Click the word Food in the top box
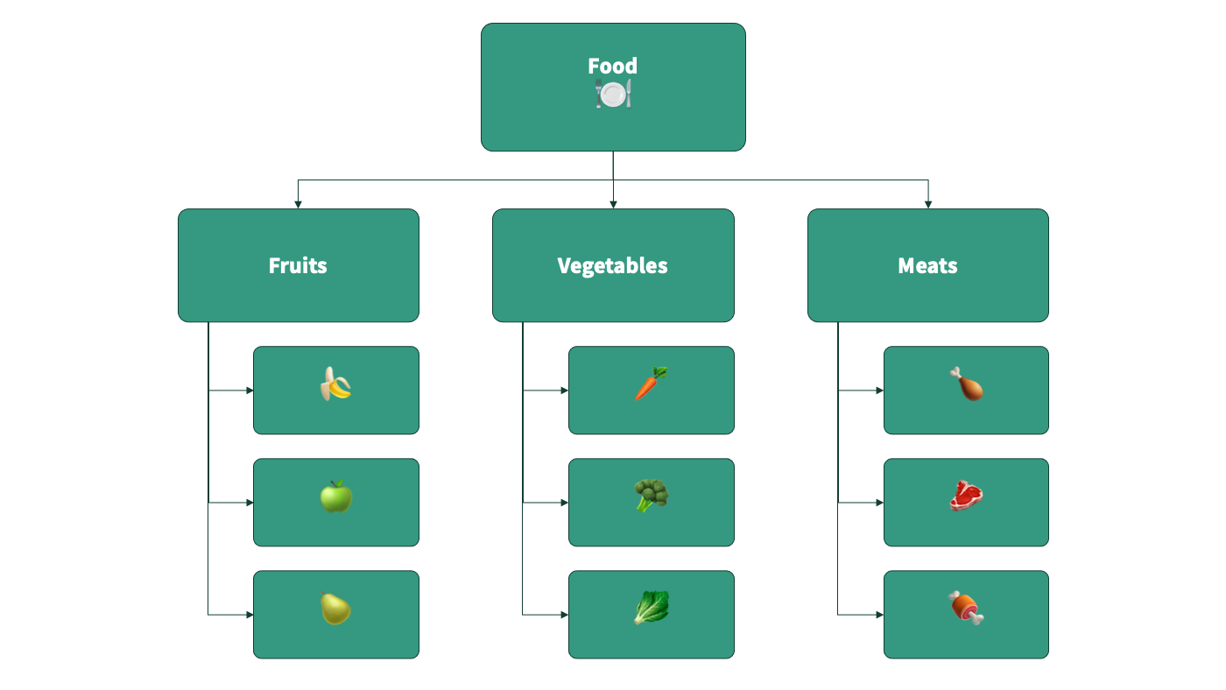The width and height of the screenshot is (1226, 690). (612, 66)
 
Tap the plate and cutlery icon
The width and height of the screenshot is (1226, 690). (613, 94)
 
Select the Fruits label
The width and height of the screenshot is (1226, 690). (298, 265)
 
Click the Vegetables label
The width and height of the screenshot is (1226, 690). (612, 265)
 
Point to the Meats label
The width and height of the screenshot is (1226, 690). (927, 265)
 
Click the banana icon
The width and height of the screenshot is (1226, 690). (335, 384)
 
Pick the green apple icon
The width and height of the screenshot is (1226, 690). (335, 496)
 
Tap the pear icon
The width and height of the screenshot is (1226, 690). (335, 609)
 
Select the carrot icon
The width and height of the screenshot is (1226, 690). (651, 384)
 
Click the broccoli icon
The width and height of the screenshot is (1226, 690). (651, 496)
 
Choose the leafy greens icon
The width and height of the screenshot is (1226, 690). (651, 608)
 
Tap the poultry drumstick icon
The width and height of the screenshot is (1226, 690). (966, 384)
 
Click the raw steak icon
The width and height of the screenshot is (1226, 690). (966, 496)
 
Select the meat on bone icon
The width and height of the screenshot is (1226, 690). (965, 608)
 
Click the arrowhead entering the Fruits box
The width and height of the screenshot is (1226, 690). (298, 204)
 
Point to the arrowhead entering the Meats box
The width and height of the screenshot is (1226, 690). (927, 204)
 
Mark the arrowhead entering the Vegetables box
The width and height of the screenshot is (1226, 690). (613, 204)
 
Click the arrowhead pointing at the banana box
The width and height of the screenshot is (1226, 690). (249, 391)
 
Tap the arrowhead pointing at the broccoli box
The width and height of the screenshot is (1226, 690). (564, 503)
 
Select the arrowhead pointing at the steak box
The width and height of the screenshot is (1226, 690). (879, 503)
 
